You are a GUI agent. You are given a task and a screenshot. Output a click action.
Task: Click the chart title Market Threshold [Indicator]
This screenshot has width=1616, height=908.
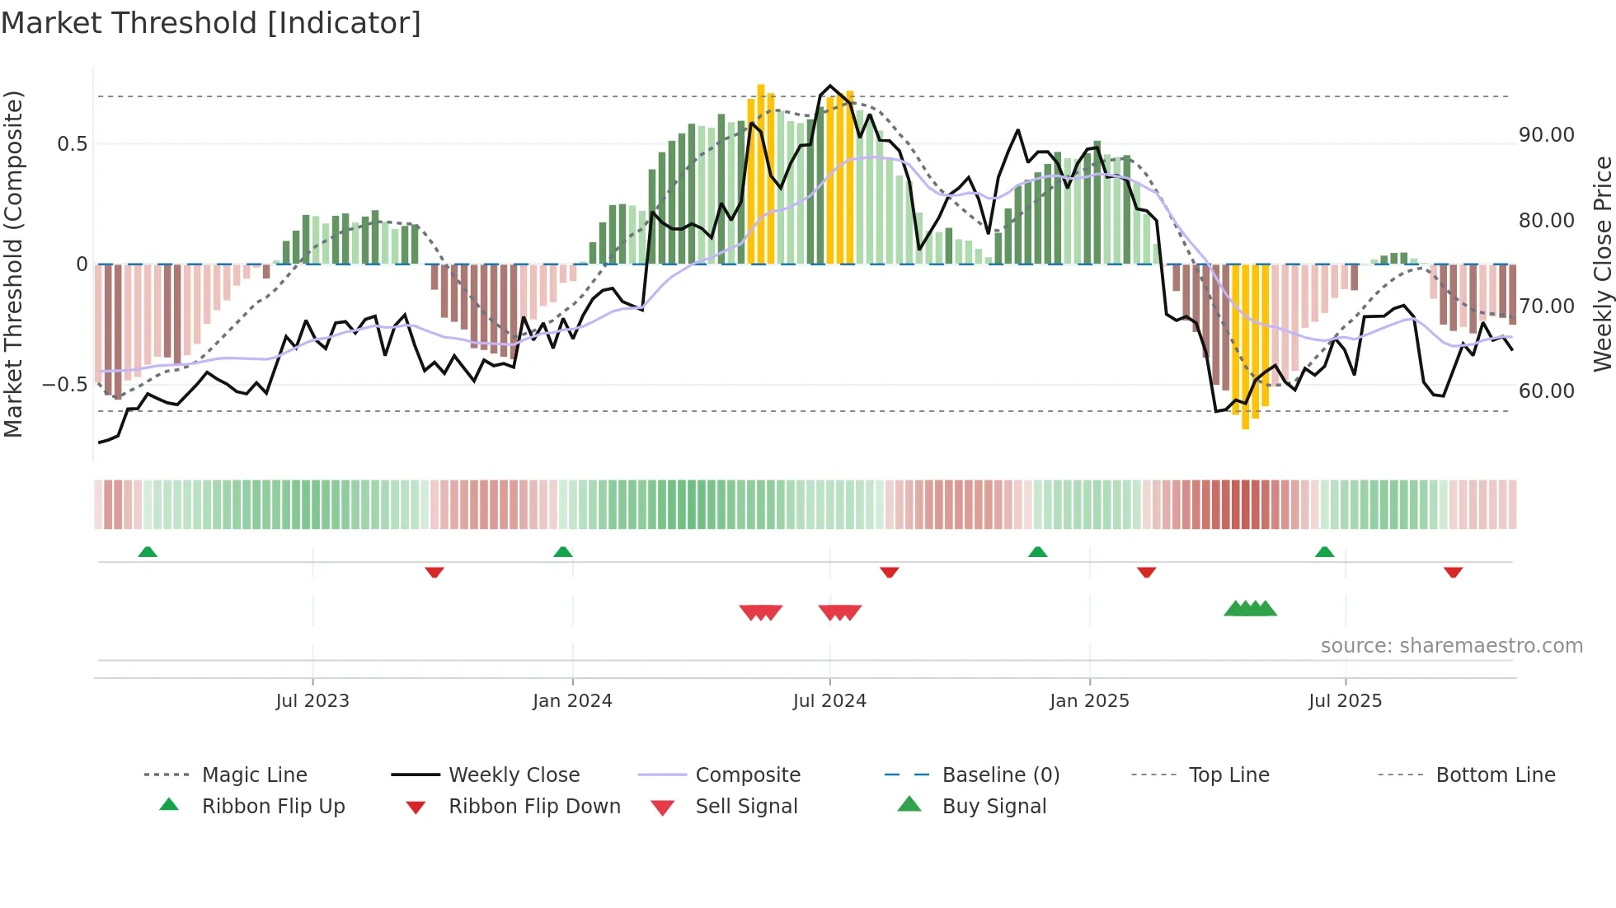[211, 23]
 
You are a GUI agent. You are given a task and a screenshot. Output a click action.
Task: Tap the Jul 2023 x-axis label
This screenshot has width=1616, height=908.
[312, 701]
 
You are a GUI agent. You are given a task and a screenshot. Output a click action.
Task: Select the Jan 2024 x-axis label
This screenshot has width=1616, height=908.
[572, 701]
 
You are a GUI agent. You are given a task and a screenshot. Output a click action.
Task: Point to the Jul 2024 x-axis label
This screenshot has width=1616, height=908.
[829, 701]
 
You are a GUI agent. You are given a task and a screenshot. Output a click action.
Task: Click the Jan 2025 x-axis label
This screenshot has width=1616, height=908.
[1089, 701]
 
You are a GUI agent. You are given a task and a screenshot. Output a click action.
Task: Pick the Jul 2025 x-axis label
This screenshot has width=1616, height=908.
[1345, 701]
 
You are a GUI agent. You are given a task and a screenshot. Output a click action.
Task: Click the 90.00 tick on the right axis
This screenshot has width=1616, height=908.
[1546, 135]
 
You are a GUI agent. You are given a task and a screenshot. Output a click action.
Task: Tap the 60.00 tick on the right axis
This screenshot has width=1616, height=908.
[1546, 391]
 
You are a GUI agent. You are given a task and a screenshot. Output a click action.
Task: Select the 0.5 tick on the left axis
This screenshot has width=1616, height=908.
[72, 144]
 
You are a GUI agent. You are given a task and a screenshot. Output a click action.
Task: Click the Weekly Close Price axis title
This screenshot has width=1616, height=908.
[1602, 264]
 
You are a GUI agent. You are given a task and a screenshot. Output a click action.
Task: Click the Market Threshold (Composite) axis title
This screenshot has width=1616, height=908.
[13, 264]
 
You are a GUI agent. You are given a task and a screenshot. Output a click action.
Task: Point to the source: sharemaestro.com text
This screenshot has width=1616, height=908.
[1451, 646]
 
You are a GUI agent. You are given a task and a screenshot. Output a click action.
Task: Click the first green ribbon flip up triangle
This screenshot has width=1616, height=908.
[148, 552]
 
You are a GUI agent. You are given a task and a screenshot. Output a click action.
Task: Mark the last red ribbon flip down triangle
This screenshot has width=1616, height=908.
[1453, 572]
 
